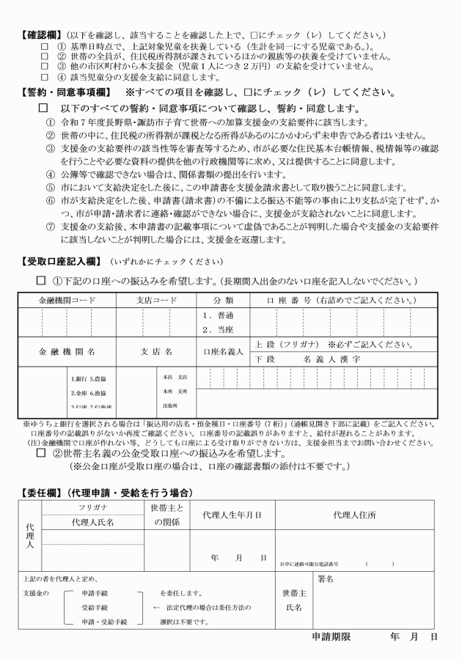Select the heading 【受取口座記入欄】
pyautogui.click(x=61, y=262)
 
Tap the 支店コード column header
pyautogui.click(x=157, y=301)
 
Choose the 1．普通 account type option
pyautogui.click(x=218, y=315)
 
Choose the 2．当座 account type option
pyautogui.click(x=218, y=329)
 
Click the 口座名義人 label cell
pyautogui.click(x=224, y=351)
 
